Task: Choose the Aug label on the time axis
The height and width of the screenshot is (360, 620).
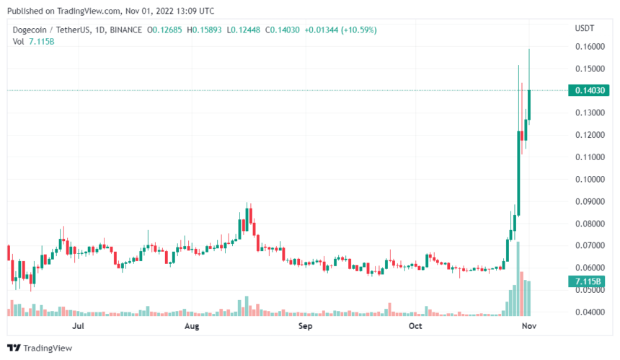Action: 191,326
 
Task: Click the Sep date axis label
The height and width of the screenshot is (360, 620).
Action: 306,326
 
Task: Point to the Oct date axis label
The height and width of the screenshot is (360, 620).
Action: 416,326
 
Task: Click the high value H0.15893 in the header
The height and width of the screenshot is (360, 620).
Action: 205,30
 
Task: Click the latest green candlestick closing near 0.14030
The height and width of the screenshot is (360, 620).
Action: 529,105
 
